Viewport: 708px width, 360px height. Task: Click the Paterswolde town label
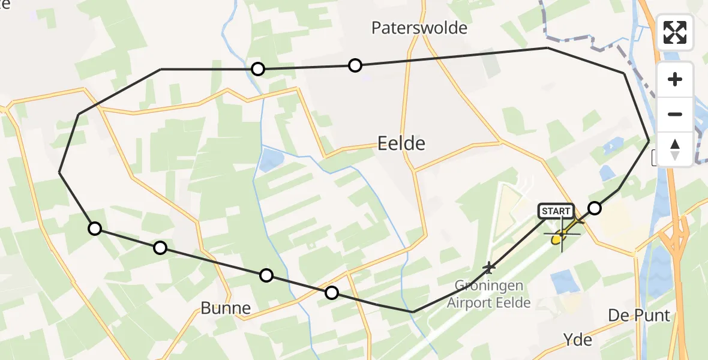point(419,28)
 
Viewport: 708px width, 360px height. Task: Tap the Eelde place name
point(401,143)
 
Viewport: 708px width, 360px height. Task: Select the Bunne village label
point(226,308)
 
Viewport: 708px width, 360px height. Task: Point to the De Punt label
point(639,315)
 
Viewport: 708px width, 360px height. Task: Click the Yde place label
point(578,340)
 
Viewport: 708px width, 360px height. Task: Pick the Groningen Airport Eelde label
point(489,294)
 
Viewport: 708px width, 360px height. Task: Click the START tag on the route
point(556,211)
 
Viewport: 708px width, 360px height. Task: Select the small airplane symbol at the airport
point(490,266)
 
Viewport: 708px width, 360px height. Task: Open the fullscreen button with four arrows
point(675,32)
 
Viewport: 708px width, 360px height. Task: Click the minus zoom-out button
point(675,114)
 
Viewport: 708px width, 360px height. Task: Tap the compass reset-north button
point(675,149)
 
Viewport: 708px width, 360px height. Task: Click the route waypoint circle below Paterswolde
point(355,65)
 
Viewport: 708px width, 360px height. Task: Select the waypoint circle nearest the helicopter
point(594,208)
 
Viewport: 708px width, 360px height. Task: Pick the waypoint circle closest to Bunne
point(266,275)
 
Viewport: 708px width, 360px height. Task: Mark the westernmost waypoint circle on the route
point(94,228)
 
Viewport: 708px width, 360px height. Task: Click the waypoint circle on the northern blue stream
point(257,69)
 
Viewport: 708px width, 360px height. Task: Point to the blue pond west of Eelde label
point(271,160)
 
